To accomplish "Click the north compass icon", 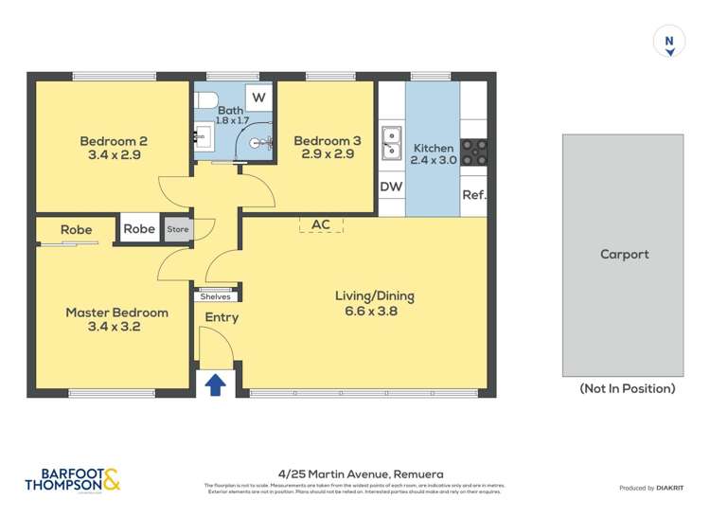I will [x=669, y=42].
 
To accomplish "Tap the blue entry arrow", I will [x=216, y=384].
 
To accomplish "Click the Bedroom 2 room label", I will [x=113, y=148].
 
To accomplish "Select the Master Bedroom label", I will [x=116, y=320].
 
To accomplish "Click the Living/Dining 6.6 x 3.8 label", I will [x=374, y=303].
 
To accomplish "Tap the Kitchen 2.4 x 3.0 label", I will [x=434, y=153].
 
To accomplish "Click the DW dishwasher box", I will [x=391, y=187].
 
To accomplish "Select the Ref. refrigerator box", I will [x=473, y=195].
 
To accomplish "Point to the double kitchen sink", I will [x=391, y=143].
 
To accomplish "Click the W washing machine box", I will [x=258, y=98].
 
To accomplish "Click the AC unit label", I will [x=320, y=224].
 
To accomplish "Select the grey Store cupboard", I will [x=178, y=229].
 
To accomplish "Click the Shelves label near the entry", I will [x=215, y=296].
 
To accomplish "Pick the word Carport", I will [x=624, y=254].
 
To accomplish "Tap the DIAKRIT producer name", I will [x=671, y=488].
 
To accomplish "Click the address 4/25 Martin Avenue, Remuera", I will [x=361, y=473].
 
